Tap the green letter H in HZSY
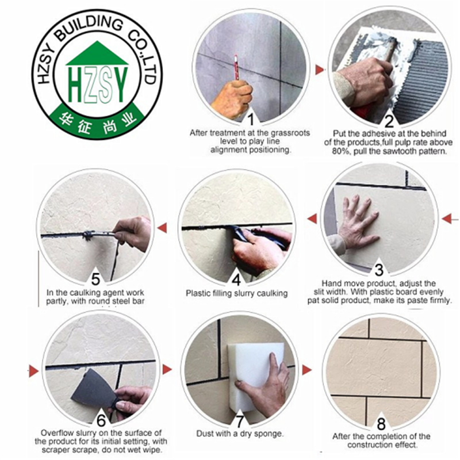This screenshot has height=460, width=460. click(75, 85)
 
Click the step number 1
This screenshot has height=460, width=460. click(251, 120)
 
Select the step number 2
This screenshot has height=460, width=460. click(389, 121)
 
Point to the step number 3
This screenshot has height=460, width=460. click(379, 270)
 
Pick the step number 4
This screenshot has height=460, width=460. click(236, 279)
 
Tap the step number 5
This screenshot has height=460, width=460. click(95, 279)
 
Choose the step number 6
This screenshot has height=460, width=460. click(101, 421)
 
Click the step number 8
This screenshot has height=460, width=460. click(381, 424)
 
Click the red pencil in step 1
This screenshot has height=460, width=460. click(236, 67)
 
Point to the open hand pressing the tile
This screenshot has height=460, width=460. click(356, 221)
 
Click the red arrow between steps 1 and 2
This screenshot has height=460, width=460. click(319, 70)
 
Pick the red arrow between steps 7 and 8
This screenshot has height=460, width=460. click(306, 370)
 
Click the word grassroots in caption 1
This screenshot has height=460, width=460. click(290, 133)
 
